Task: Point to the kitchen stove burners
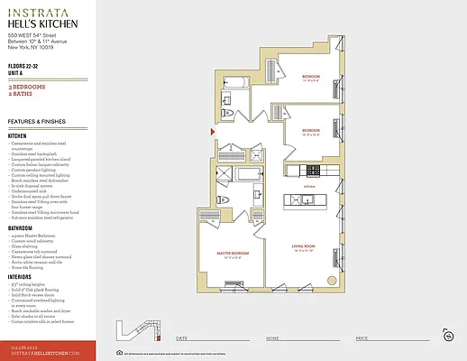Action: coord(314,170)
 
